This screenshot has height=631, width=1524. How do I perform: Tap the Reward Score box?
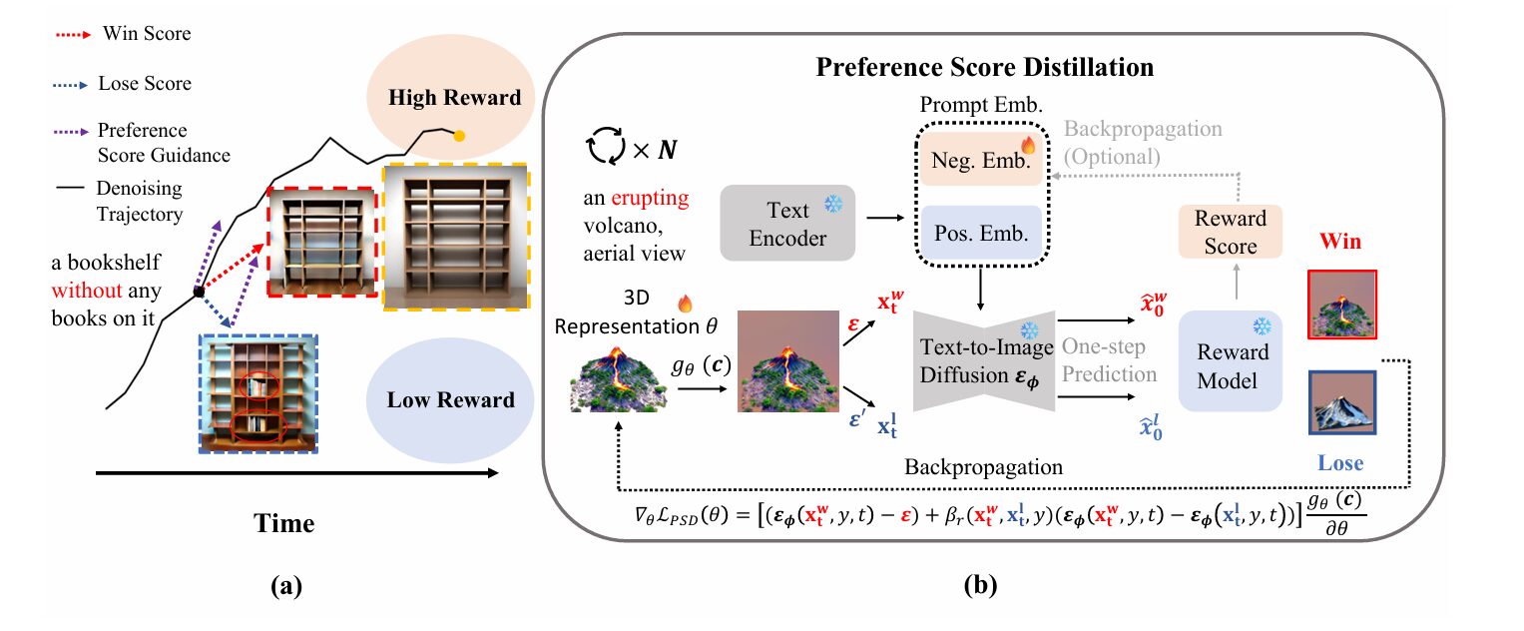pos(1230,231)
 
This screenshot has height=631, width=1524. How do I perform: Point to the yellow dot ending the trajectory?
pos(459,135)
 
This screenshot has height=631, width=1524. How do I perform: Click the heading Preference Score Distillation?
pos(985,68)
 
